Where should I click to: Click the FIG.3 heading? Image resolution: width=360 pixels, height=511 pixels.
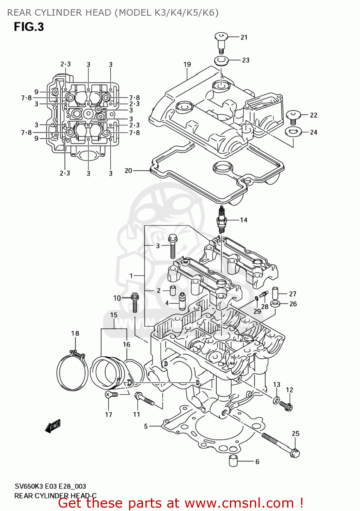point(29,27)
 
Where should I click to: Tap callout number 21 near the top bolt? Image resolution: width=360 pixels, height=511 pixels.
point(244,37)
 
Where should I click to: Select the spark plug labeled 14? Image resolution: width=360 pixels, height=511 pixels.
point(221,220)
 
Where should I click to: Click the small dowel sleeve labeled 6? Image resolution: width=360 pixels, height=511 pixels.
point(233,460)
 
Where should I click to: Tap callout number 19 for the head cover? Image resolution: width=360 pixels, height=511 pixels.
point(187,64)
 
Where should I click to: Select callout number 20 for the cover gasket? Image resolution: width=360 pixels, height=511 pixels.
point(128,170)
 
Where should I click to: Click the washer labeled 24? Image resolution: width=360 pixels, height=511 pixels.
point(293,131)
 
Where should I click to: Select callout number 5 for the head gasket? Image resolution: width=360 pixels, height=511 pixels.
point(146,426)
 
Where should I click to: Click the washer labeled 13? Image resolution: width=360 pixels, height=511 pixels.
point(276,400)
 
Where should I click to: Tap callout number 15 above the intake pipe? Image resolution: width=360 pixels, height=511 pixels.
point(114,315)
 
